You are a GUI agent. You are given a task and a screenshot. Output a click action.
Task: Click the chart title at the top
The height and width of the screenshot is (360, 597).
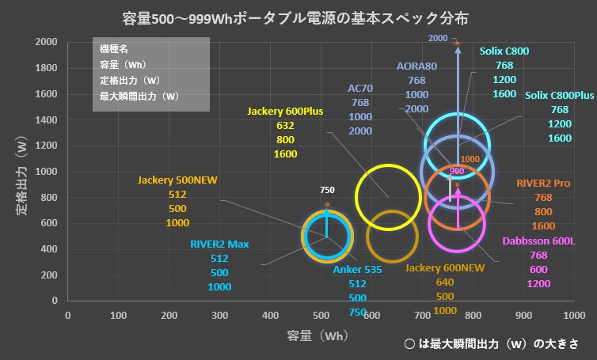301,17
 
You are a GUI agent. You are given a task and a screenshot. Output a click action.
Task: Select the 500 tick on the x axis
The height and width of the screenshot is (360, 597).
321,315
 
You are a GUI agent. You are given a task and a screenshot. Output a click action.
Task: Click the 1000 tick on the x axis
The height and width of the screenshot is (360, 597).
573,315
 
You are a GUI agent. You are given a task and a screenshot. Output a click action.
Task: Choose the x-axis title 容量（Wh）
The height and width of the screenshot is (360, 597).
318,335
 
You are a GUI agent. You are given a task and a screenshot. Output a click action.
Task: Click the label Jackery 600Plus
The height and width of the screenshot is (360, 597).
285,112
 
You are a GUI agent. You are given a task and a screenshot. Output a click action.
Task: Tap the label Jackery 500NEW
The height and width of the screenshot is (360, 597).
177,180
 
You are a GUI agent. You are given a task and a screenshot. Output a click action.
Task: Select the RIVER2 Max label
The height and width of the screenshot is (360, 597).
219,244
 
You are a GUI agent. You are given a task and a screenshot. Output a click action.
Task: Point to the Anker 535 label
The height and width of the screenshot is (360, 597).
357,269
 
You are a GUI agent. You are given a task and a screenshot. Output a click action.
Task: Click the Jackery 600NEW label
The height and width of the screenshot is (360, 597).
444,268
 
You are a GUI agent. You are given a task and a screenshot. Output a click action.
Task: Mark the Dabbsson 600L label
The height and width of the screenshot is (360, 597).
538,241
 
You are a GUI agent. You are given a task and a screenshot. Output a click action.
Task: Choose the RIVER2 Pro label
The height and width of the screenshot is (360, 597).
543,183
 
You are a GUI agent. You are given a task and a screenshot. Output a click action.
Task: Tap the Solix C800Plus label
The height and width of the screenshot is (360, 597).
560,96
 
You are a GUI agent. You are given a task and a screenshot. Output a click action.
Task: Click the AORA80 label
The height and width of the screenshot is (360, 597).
416,66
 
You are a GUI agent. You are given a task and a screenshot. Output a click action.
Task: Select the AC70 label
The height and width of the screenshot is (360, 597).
360,89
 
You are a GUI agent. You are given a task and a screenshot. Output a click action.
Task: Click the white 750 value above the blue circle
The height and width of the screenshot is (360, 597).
327,191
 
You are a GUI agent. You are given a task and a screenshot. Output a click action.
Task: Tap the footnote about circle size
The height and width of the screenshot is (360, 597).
490,344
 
